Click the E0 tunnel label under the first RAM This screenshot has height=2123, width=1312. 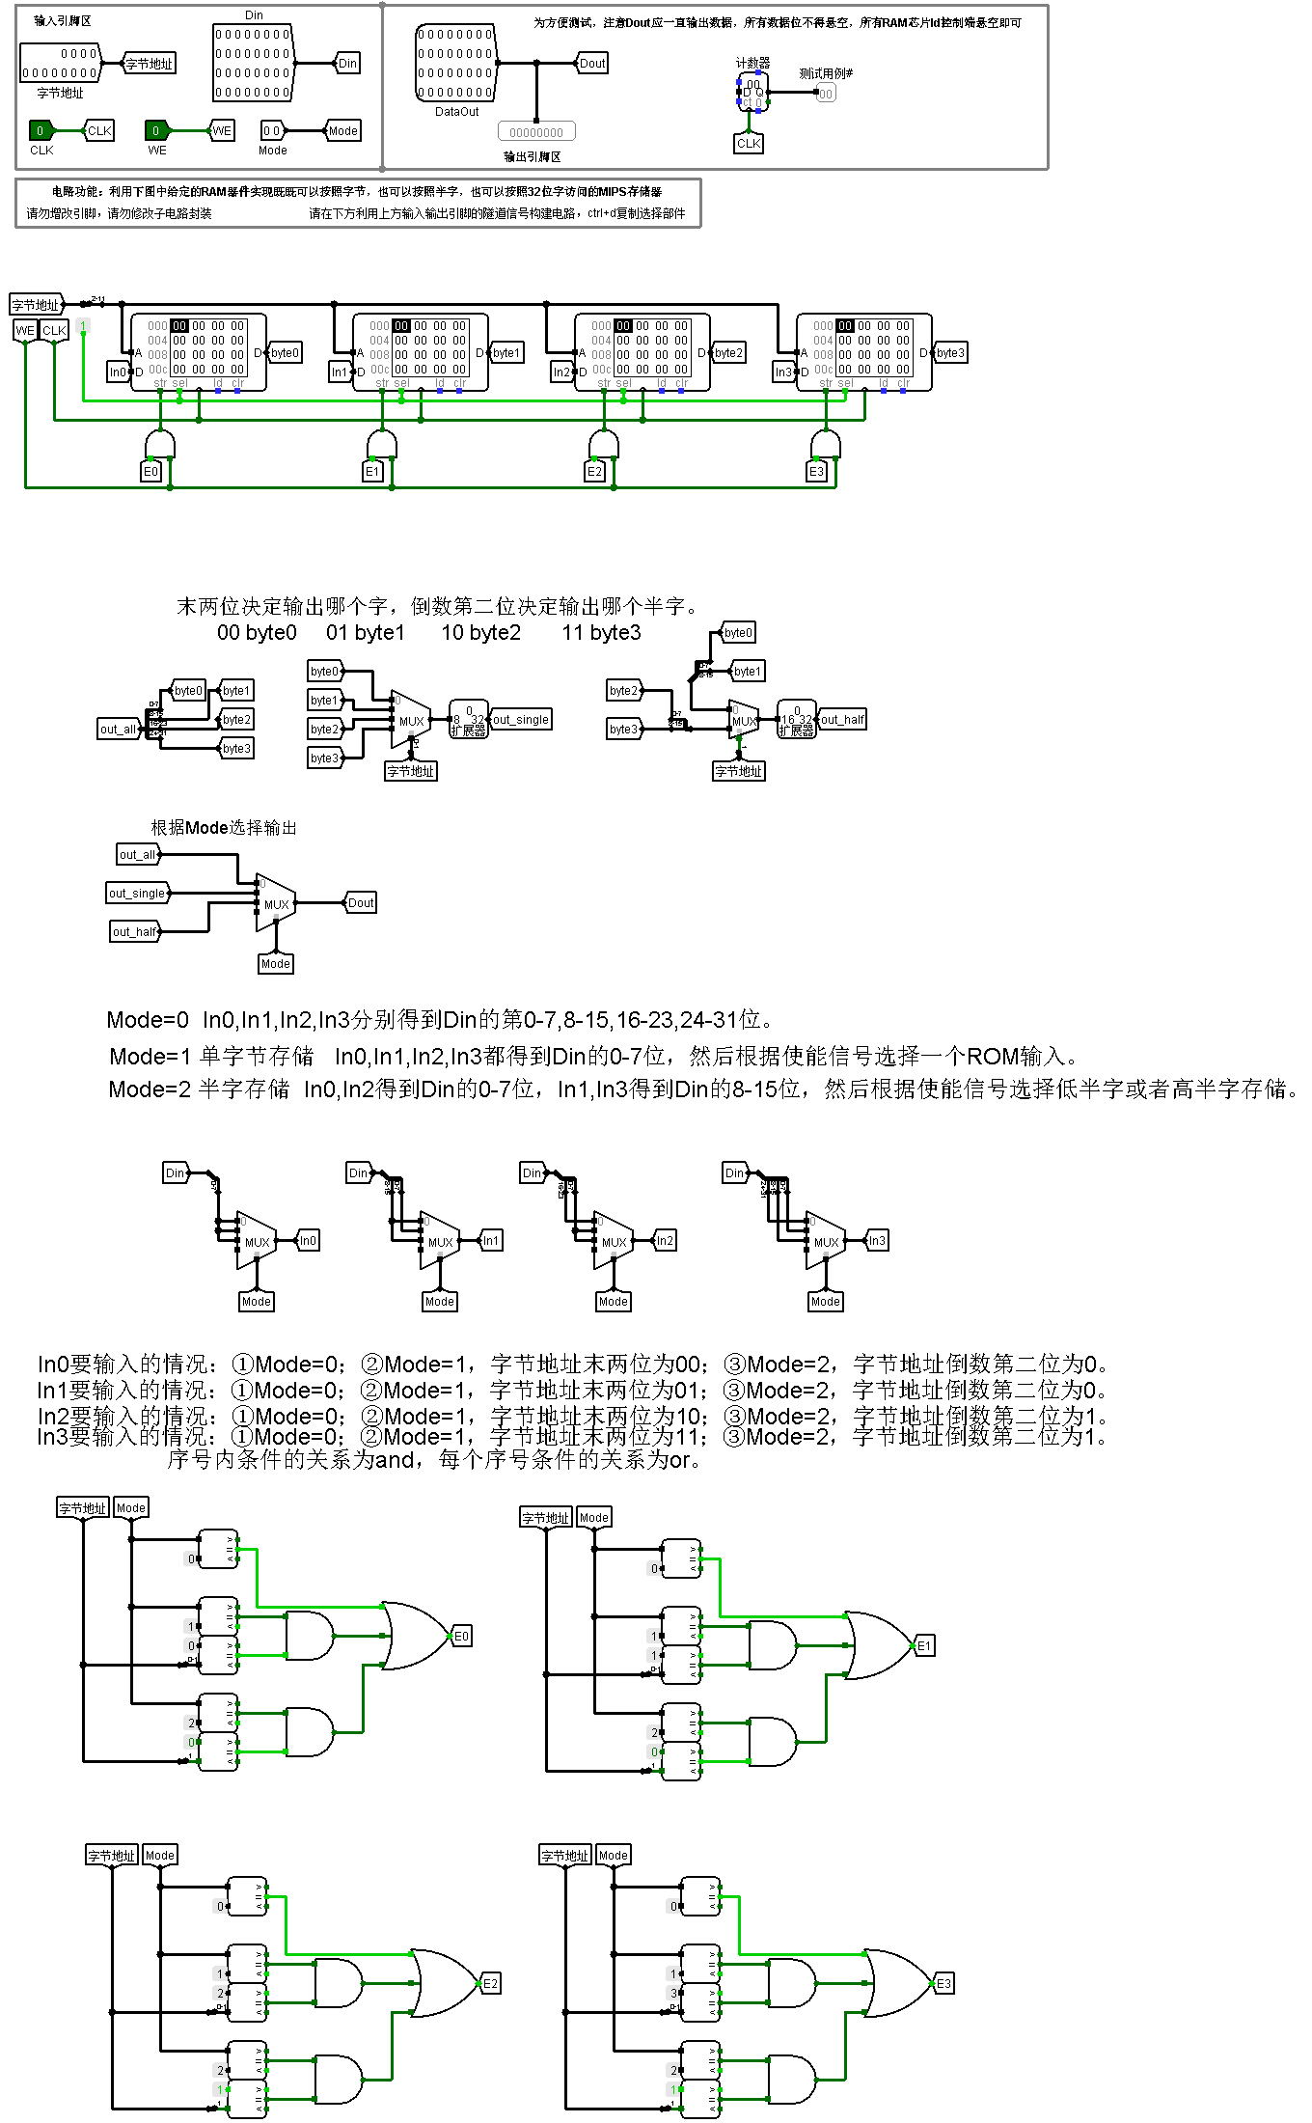[x=150, y=472]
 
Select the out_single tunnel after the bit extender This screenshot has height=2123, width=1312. [x=521, y=719]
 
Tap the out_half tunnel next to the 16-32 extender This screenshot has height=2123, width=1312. [x=842, y=719]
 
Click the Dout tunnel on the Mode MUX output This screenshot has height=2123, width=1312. [x=361, y=903]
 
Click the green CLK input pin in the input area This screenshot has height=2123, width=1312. [x=41, y=130]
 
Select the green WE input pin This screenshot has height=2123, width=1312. [x=156, y=130]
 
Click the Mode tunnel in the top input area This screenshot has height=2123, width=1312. [x=343, y=130]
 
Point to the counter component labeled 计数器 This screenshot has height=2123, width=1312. [x=752, y=94]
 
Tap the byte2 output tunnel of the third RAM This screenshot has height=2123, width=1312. [x=728, y=352]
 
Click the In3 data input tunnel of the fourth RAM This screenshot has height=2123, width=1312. [x=784, y=372]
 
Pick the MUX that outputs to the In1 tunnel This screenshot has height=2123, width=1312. [x=440, y=1241]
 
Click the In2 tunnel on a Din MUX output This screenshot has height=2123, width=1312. [x=665, y=1241]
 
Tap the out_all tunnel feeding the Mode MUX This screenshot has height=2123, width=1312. [x=137, y=854]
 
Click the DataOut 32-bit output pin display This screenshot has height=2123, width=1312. [x=456, y=64]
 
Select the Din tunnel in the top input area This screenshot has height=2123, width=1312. [x=347, y=64]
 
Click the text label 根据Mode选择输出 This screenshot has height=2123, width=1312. [x=224, y=828]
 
